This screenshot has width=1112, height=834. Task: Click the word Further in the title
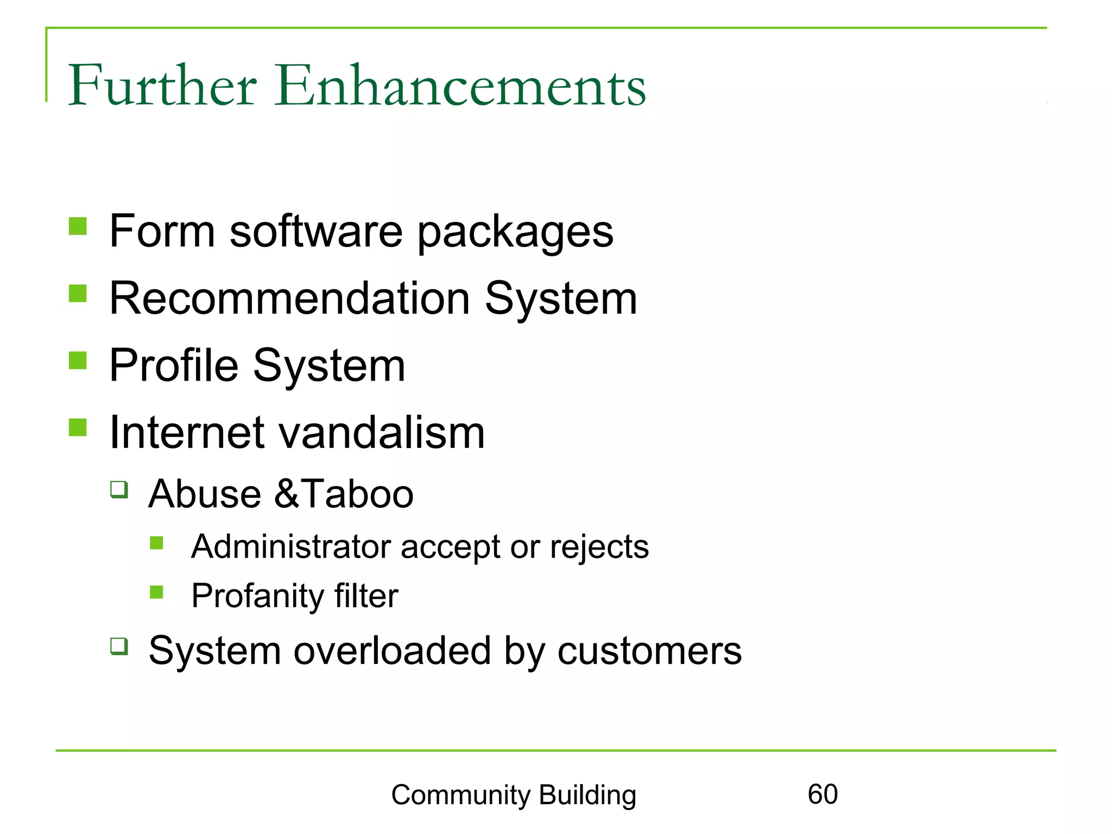click(162, 86)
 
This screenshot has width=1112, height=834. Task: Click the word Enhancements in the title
click(460, 86)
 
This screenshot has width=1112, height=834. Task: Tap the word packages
click(515, 232)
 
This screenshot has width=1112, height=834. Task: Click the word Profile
click(174, 365)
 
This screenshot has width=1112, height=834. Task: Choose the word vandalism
click(381, 433)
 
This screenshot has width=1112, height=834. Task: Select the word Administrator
click(290, 546)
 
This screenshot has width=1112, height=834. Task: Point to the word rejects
click(599, 547)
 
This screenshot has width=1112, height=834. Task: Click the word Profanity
click(257, 596)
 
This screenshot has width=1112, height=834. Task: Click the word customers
click(649, 650)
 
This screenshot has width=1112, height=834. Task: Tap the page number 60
click(823, 794)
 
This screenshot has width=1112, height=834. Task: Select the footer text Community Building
click(513, 795)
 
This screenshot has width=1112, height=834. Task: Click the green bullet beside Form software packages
click(78, 226)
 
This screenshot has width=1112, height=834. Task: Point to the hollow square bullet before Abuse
click(119, 489)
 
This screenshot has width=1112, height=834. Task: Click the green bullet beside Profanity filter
click(157, 591)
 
